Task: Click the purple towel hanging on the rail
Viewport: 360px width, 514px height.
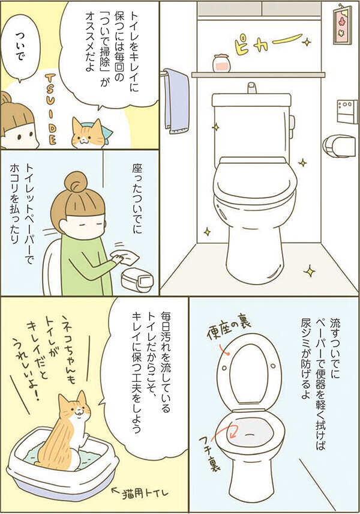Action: coord(176,98)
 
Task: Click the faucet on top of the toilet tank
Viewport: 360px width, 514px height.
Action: coord(251,88)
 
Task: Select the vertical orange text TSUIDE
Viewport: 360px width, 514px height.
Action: coord(49,109)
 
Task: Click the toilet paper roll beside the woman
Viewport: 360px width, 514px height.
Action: coord(136,280)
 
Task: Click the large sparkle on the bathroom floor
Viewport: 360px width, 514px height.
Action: coord(309,271)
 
